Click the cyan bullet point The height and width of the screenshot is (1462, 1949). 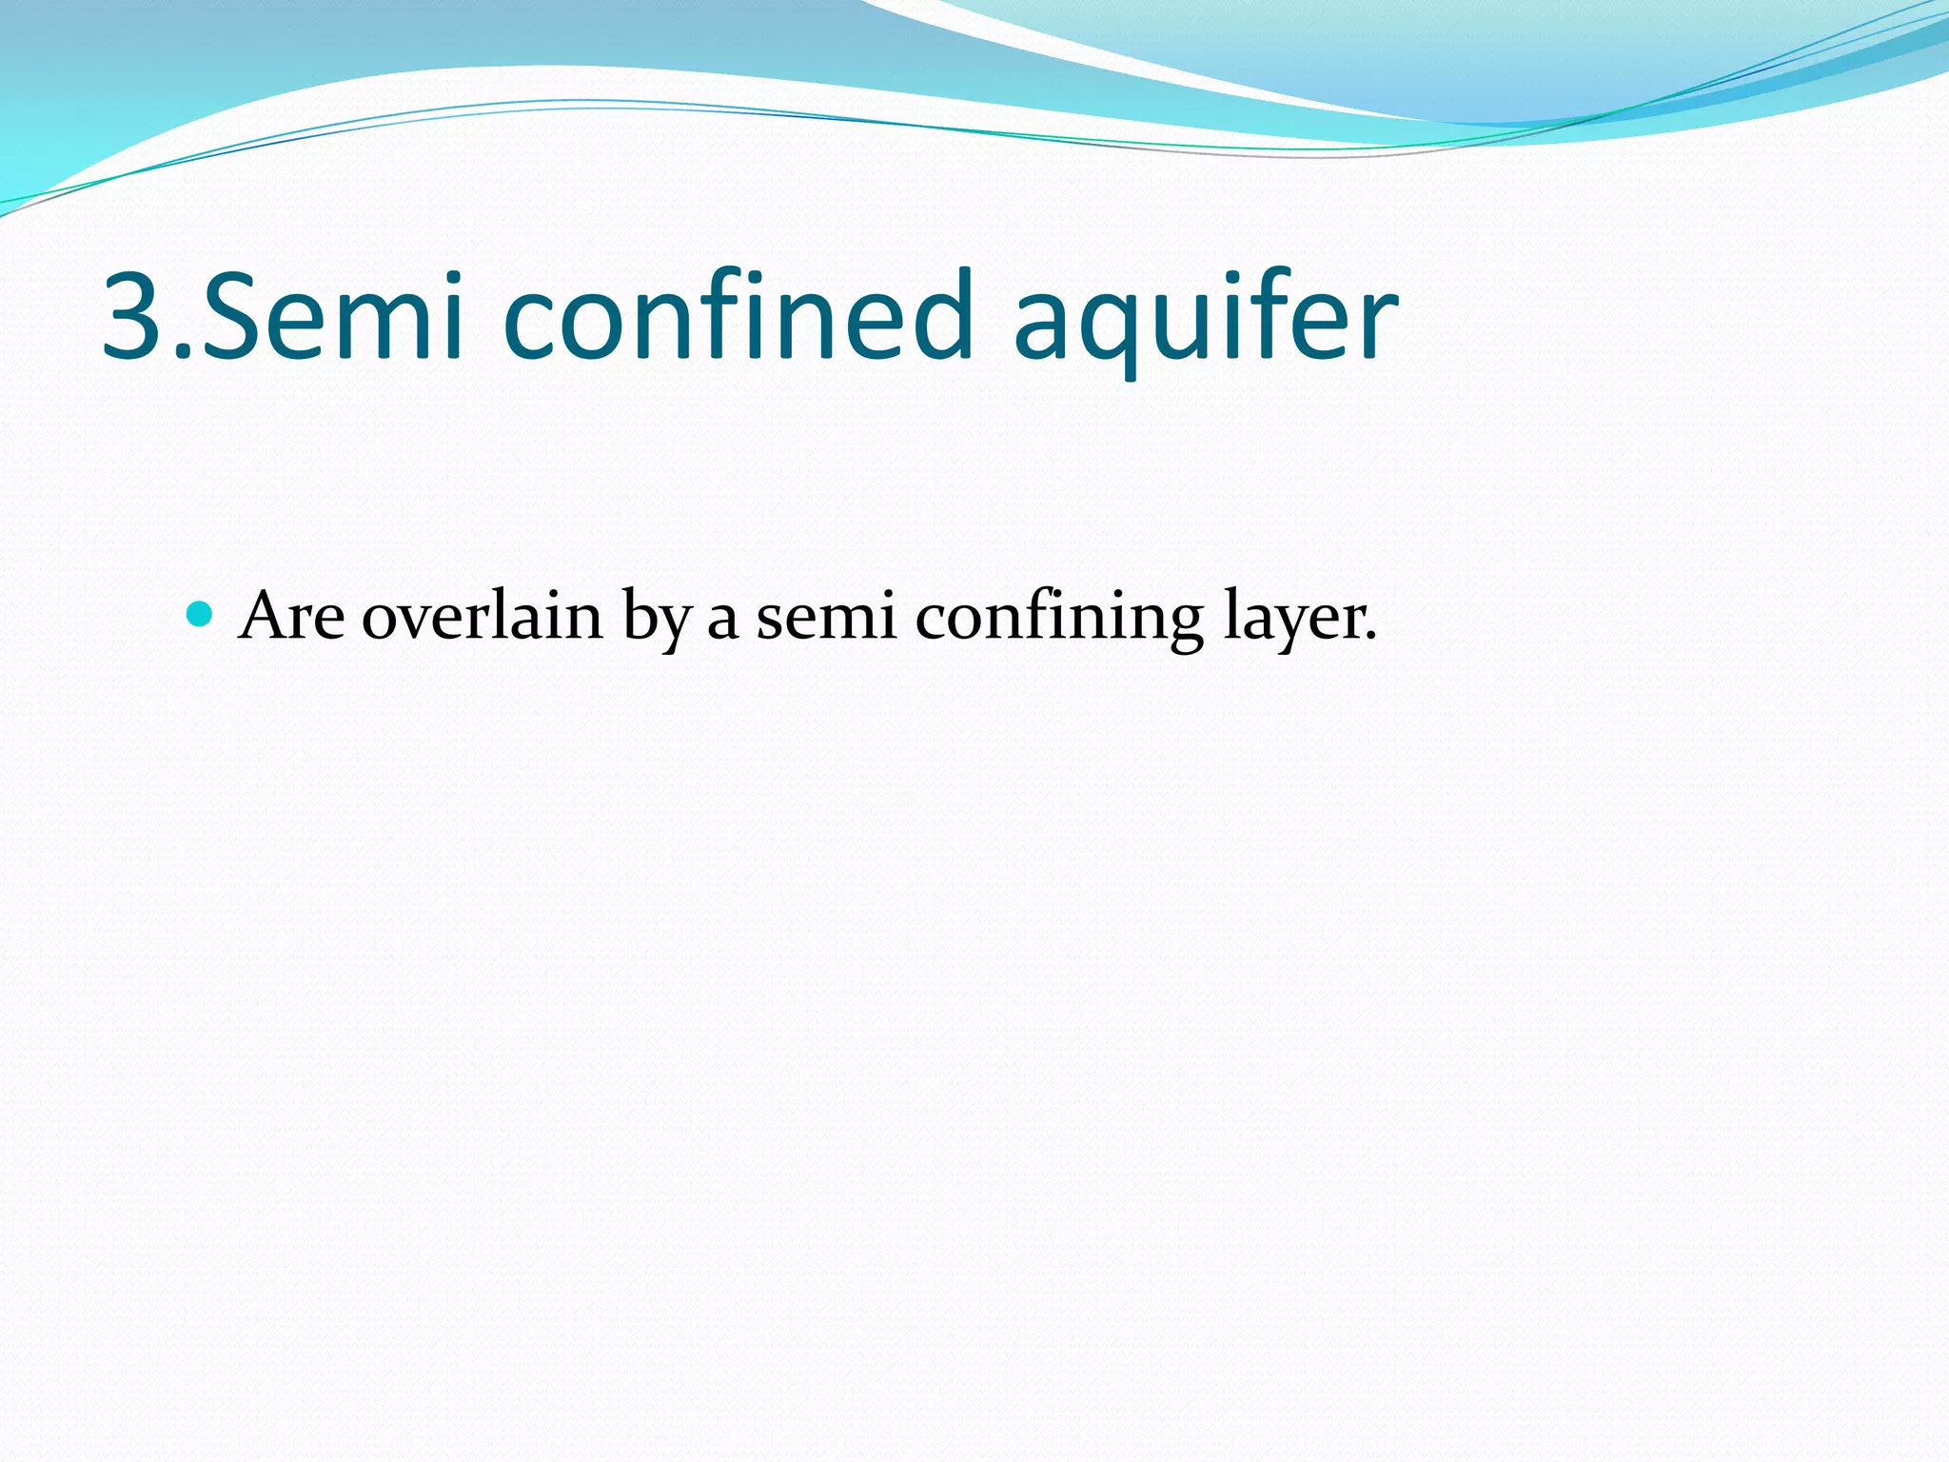[x=199, y=614]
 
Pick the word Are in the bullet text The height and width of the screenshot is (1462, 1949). [x=292, y=616]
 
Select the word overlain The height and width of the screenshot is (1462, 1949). [x=482, y=616]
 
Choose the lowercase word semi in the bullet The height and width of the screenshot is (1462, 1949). [x=826, y=617]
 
